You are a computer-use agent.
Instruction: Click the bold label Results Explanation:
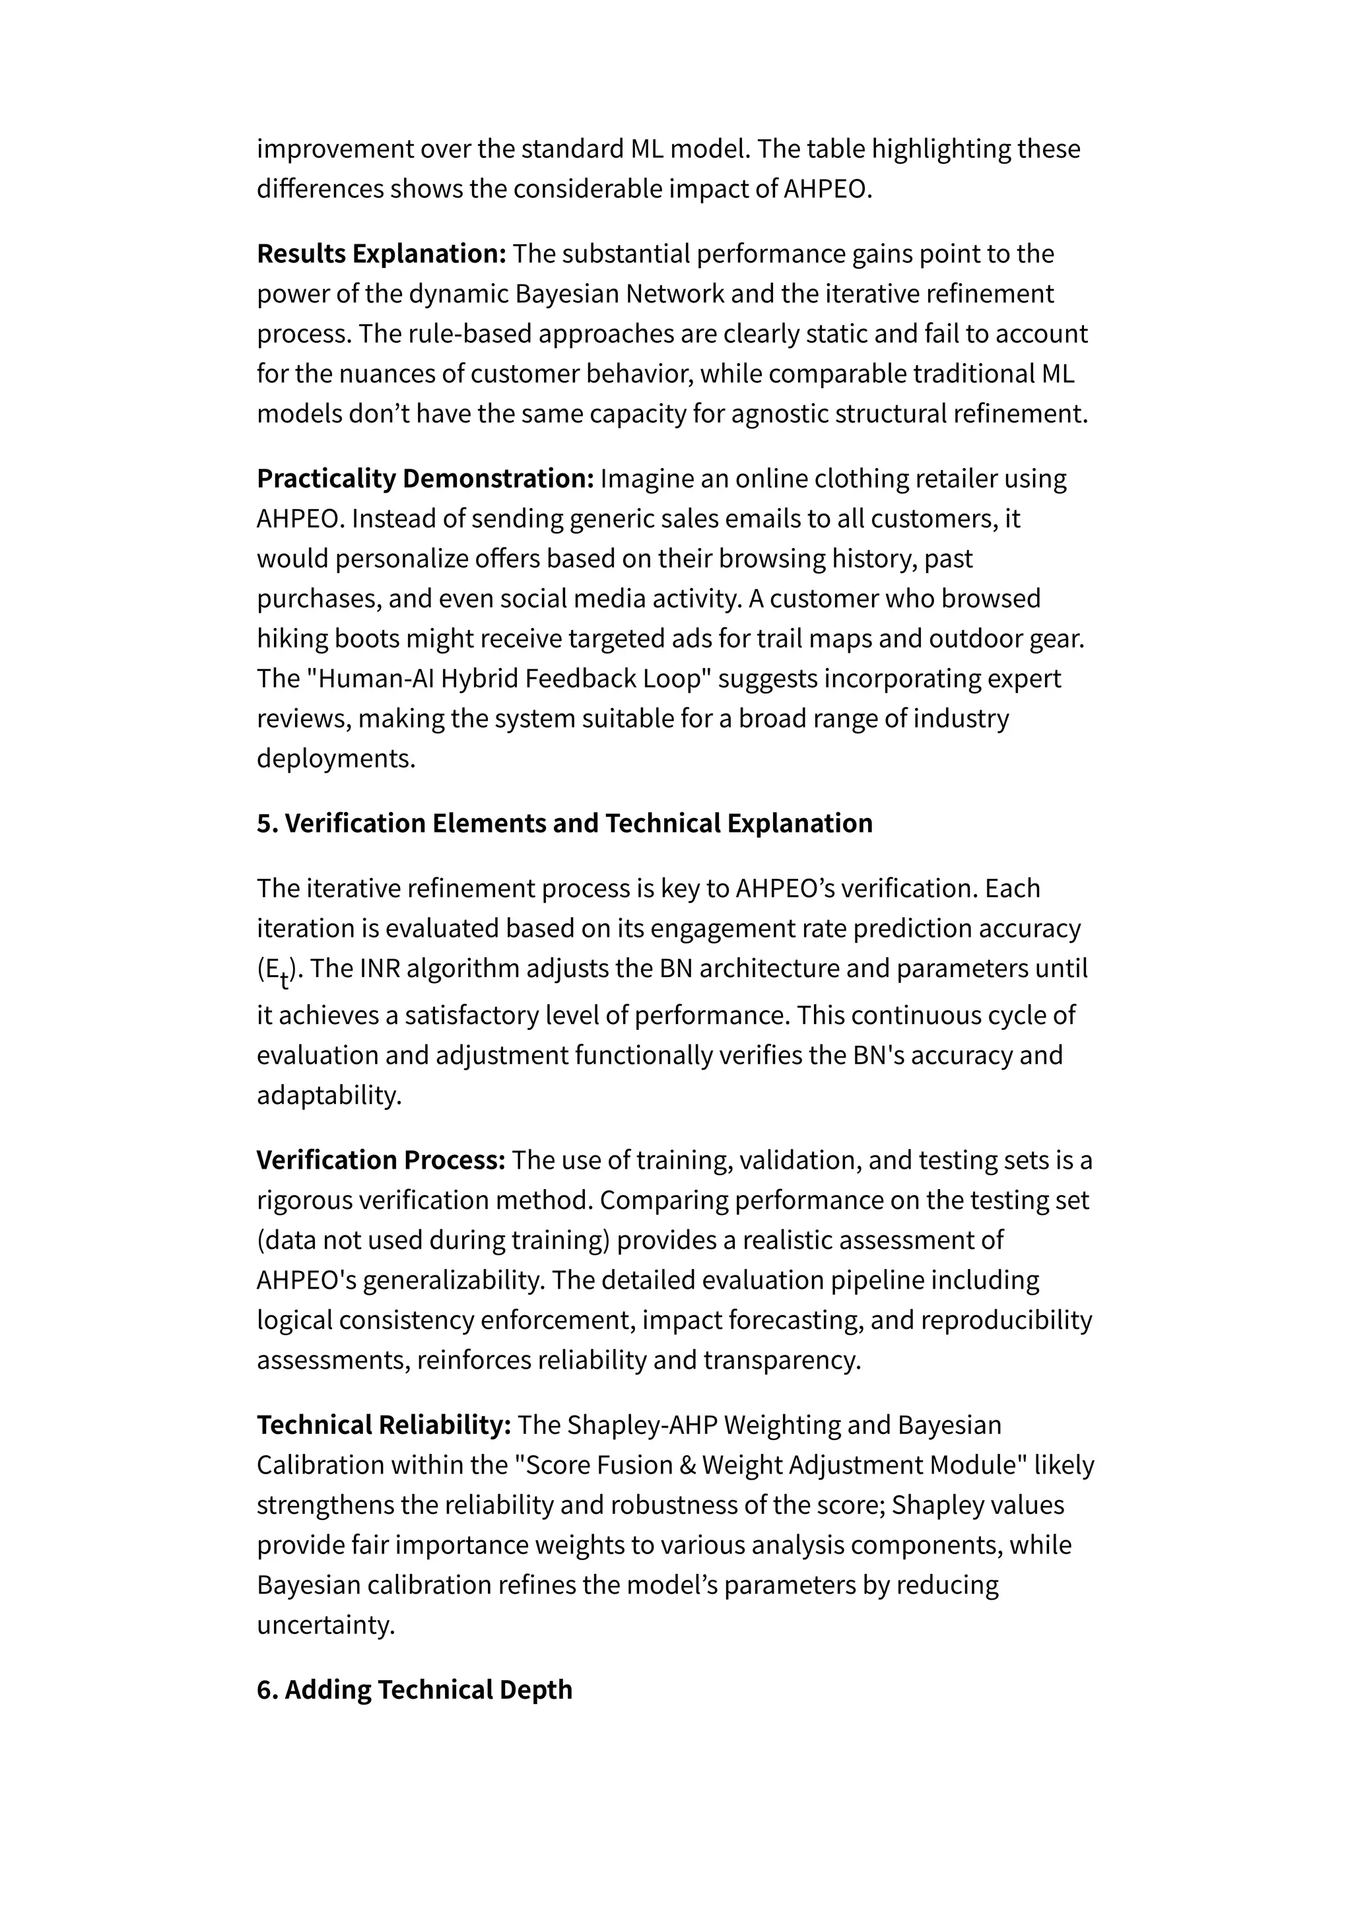382,254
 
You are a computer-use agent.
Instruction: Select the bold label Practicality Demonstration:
424,479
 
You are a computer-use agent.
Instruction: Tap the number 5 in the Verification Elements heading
265,823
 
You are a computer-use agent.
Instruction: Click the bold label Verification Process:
380,1160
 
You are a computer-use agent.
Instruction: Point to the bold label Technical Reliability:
383,1425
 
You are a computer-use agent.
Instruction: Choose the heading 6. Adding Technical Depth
414,1690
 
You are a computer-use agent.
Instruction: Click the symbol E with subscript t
275,971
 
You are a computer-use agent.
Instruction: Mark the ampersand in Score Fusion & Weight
688,1465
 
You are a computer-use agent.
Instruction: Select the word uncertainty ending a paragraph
324,1625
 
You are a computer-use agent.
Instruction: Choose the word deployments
335,759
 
